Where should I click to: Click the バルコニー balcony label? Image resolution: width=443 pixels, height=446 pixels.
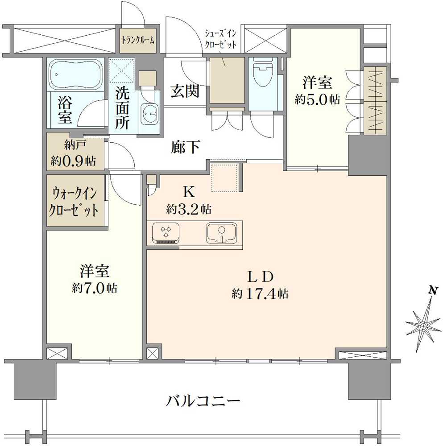(x=203, y=401)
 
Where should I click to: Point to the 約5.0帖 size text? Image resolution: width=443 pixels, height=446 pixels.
(x=317, y=99)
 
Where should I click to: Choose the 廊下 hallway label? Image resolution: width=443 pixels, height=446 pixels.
(x=185, y=147)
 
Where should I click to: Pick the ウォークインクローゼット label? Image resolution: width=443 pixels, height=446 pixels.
(x=75, y=202)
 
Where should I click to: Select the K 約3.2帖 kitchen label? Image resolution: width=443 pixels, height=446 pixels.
(x=188, y=200)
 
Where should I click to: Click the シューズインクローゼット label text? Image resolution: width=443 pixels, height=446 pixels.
(x=220, y=40)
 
